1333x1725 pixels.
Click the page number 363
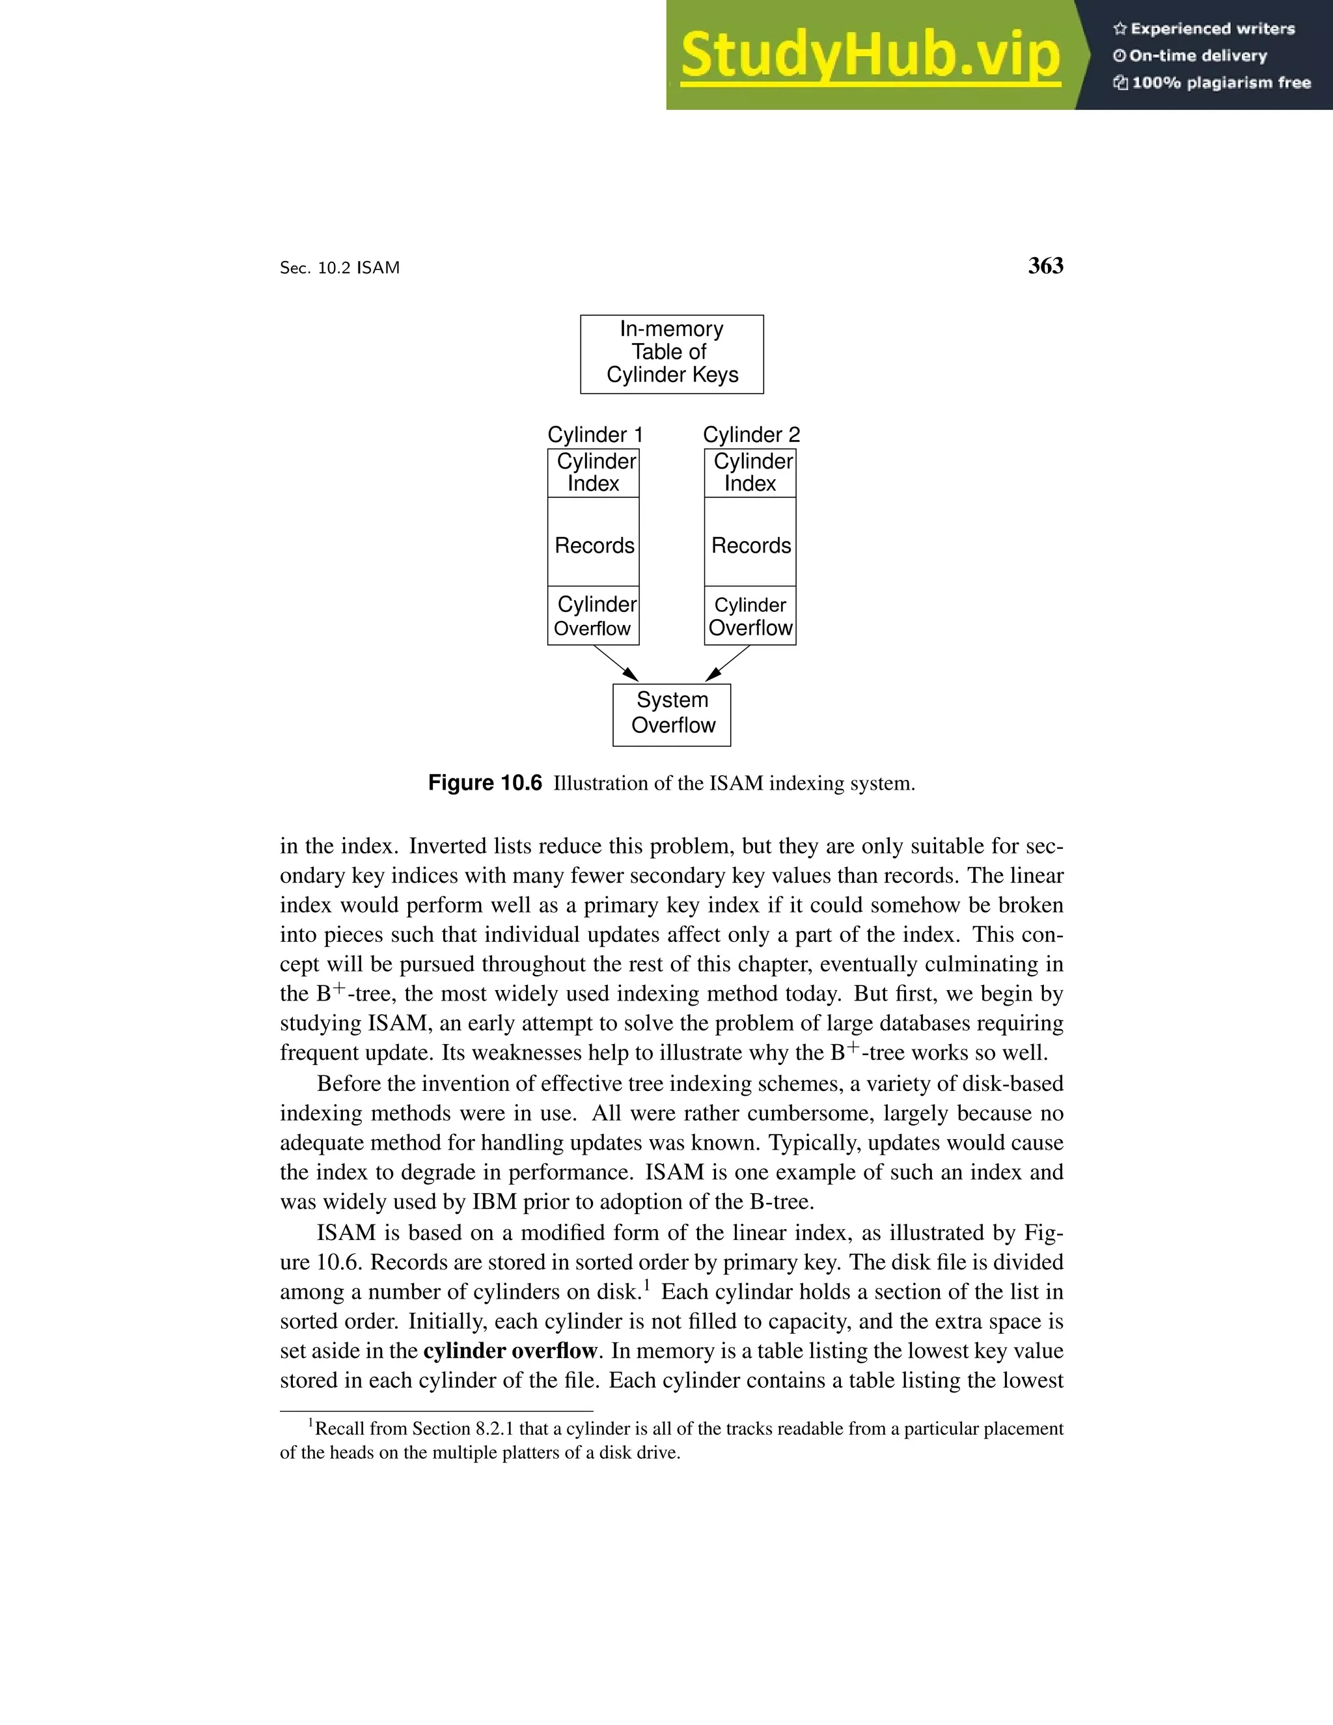tap(1045, 266)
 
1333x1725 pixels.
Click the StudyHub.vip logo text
tap(870, 56)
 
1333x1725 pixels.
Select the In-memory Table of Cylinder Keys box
tap(672, 354)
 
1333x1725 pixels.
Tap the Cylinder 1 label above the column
tap(595, 434)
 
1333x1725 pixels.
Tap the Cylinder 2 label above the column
tap(751, 434)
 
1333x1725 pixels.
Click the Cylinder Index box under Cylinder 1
tap(594, 473)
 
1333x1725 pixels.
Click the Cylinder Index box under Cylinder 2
tap(750, 473)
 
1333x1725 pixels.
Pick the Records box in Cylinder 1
tap(594, 544)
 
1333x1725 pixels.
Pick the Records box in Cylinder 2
tap(750, 544)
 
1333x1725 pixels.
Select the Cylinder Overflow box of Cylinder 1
tap(594, 616)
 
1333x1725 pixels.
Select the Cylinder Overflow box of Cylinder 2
tap(750, 616)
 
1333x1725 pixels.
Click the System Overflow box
tap(672, 714)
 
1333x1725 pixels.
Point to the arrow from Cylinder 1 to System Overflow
tap(616, 663)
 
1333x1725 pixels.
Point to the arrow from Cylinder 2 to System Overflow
tap(727, 663)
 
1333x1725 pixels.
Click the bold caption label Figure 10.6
tap(485, 782)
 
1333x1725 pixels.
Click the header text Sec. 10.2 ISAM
tap(340, 268)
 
